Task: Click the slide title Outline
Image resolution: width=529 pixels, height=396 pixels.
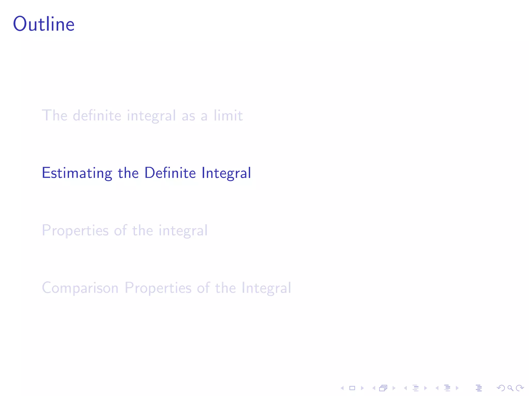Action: click(44, 24)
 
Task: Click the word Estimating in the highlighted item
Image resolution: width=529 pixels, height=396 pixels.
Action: click(77, 173)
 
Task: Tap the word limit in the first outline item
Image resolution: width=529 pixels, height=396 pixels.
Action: click(228, 115)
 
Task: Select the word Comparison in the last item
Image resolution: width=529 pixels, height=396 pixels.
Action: click(80, 288)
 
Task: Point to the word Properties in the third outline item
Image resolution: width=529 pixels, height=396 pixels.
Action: click(75, 230)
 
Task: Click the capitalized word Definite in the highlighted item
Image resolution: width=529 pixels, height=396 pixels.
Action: click(170, 173)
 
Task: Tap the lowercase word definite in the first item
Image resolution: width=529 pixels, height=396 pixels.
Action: click(97, 115)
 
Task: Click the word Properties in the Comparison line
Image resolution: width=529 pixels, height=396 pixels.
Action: click(158, 288)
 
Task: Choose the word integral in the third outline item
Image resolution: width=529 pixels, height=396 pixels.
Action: click(183, 230)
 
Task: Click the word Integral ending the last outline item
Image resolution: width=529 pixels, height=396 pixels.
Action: click(266, 288)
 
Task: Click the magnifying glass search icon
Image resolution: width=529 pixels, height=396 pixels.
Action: click(510, 388)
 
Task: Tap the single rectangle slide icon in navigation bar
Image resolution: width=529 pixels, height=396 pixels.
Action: click(352, 388)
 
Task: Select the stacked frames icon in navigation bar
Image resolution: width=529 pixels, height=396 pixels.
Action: click(383, 388)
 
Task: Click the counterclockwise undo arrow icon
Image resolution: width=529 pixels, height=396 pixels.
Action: click(501, 388)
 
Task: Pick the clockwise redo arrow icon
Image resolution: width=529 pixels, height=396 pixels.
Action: click(519, 388)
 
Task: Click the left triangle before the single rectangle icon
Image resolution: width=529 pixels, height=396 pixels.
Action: click(342, 388)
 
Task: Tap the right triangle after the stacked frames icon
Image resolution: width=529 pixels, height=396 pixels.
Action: click(394, 388)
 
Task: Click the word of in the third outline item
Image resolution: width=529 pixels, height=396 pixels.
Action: click(120, 230)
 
